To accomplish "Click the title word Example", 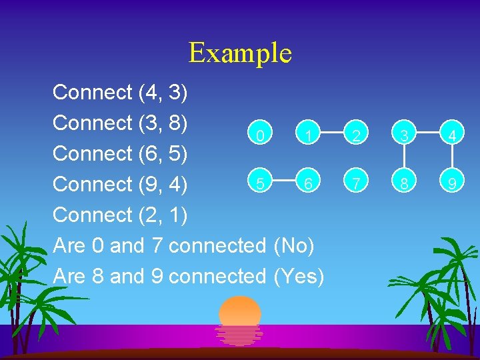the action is click(240, 53).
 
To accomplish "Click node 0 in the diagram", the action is click(261, 136).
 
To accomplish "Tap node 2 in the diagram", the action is click(357, 136).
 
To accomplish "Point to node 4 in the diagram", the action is click(453, 136).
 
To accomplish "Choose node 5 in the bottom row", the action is click(261, 183).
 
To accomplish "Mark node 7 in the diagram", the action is click(358, 183).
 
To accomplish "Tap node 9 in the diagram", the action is click(453, 183).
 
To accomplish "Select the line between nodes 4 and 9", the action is click(453, 159).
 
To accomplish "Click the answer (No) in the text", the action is click(294, 246).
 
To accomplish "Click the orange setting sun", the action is click(240, 313).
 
